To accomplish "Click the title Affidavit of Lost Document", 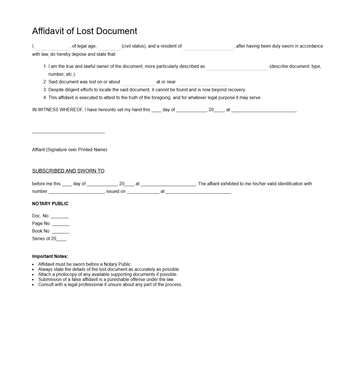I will (85, 31).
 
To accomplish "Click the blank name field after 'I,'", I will (53, 47).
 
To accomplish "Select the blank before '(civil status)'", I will (109, 47).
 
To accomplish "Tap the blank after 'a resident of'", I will (208, 47).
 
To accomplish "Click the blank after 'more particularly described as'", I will (237, 67).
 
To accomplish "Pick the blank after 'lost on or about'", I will (138, 82).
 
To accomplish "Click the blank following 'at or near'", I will (202, 82).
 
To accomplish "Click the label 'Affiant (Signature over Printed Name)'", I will (70, 150).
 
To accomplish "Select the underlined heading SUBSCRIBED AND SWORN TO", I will (68, 171).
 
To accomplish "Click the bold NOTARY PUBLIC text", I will (50, 204).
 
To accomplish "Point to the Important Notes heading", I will (50, 256).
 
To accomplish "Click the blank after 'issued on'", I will (143, 192).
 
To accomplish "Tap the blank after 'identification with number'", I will (76, 192).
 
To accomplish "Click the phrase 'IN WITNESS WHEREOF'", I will (57, 110).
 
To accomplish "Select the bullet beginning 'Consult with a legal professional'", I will (110, 285).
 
